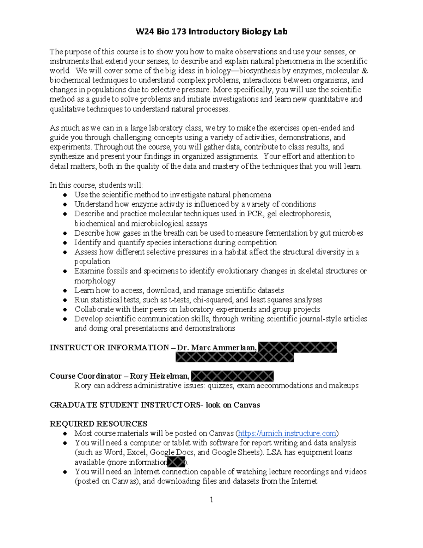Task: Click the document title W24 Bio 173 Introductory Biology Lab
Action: pyautogui.click(x=211, y=32)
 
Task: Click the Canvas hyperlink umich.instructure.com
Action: pyautogui.click(x=287, y=433)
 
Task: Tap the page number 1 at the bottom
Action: pyautogui.click(x=211, y=500)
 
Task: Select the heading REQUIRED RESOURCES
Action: pyautogui.click(x=98, y=424)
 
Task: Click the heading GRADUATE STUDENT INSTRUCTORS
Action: pyautogui.click(x=125, y=405)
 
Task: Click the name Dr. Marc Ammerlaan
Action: pyautogui.click(x=217, y=348)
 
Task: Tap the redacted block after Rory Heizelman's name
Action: pyautogui.click(x=232, y=376)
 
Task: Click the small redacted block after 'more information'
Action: pyautogui.click(x=176, y=462)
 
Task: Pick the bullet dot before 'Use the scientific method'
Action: pyautogui.click(x=65, y=195)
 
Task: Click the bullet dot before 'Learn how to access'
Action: pyautogui.click(x=65, y=291)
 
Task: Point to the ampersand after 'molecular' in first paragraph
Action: pyautogui.click(x=364, y=71)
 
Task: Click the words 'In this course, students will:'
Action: pyautogui.click(x=96, y=185)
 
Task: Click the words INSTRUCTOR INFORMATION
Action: pyautogui.click(x=109, y=348)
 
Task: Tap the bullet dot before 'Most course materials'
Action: pyautogui.click(x=65, y=434)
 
